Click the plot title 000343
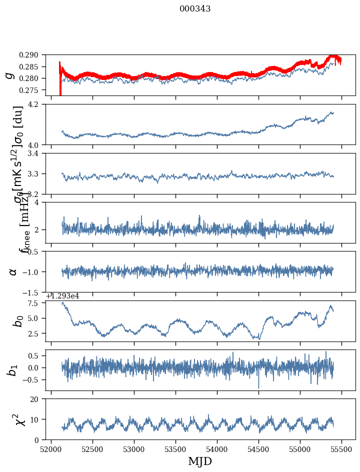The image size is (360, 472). [195, 9]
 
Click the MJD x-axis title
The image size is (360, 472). [200, 461]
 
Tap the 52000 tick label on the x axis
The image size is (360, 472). [51, 450]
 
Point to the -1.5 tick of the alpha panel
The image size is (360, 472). [33, 292]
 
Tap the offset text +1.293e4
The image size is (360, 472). [62, 296]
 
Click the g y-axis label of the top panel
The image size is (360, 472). [9, 75]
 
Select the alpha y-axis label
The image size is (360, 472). [13, 271]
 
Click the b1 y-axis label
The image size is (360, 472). [12, 370]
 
